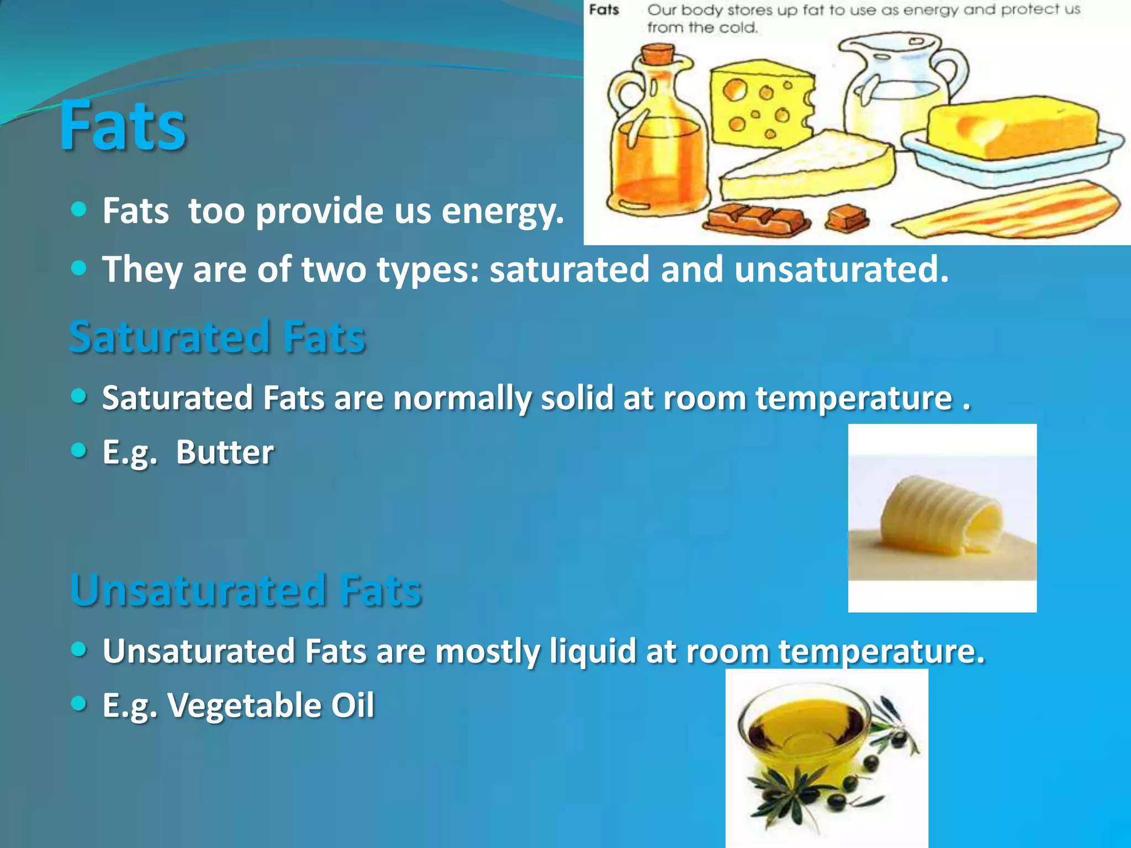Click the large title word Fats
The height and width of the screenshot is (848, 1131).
pos(123,125)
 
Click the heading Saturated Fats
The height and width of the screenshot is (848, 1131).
pos(217,337)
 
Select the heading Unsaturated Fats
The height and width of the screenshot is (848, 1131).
pos(246,590)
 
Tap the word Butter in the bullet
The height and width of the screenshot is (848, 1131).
pos(225,452)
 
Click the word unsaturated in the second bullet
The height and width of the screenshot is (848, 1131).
pos(841,269)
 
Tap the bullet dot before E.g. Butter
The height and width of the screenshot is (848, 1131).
pos(80,451)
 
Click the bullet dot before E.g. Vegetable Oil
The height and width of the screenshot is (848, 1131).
pos(80,703)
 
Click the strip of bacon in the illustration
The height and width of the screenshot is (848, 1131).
pos(1011,213)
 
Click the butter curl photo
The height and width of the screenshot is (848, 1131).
pos(942,516)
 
